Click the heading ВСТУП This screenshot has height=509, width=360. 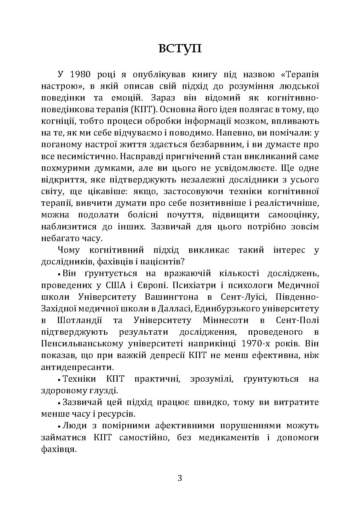click(180, 49)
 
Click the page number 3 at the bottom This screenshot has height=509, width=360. click(180, 478)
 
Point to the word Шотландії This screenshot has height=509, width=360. click(80, 320)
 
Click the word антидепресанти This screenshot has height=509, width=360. click(77, 367)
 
